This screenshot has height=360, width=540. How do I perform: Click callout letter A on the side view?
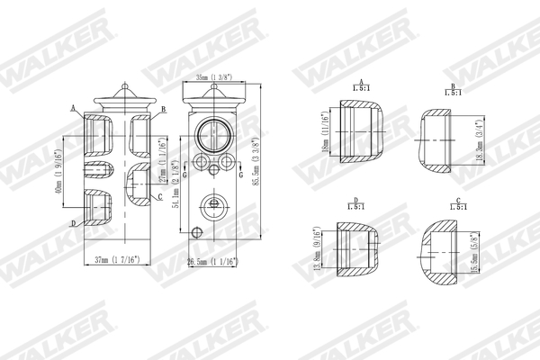pyautogui.click(x=73, y=107)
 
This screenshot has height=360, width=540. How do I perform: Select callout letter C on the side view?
pyautogui.click(x=159, y=196)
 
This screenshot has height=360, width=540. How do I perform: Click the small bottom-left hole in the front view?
pyautogui.click(x=198, y=163)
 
